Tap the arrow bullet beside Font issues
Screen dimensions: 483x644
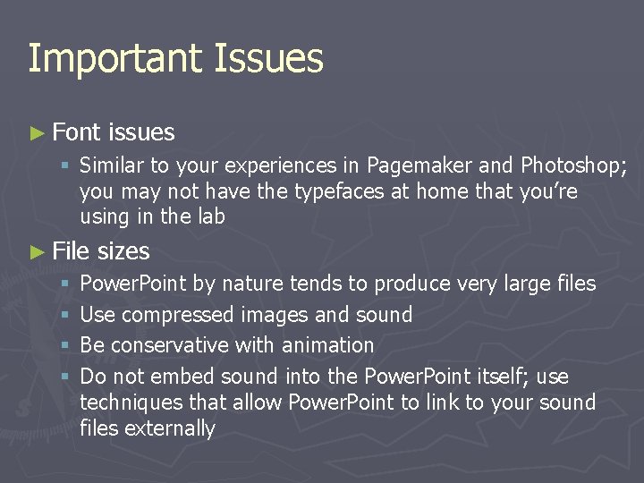36,133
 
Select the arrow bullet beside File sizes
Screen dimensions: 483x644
36,252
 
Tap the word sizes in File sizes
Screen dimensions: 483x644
123,251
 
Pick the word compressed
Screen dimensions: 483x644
176,315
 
